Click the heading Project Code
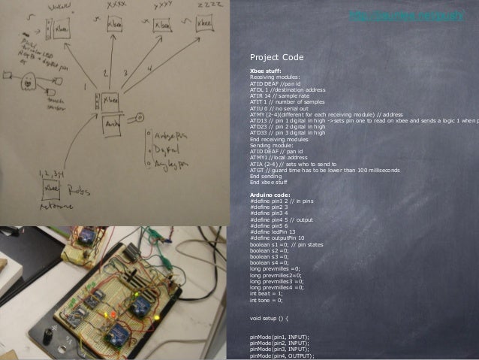click(x=276, y=57)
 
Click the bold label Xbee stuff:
click(x=266, y=71)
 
